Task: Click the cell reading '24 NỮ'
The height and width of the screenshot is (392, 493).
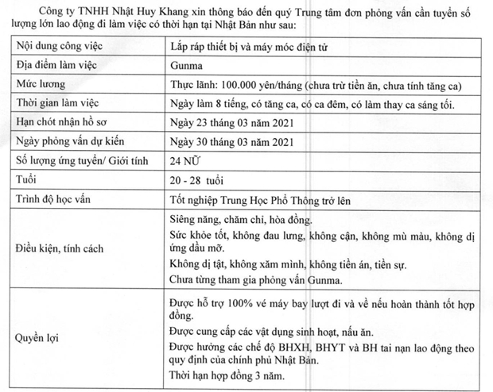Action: pos(188,161)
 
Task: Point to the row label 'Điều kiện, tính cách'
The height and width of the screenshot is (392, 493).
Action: pos(66,249)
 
